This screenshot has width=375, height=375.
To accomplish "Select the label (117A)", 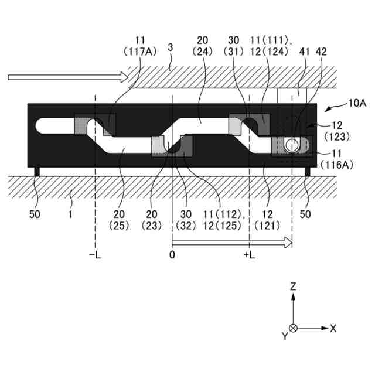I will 140,51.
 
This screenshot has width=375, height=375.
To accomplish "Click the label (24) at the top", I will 203,51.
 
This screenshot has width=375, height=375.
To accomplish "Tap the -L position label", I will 94,256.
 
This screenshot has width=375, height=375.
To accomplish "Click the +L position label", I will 249,256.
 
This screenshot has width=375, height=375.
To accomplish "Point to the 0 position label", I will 172,256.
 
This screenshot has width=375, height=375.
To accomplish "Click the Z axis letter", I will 294,287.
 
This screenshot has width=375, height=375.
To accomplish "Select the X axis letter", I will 333,328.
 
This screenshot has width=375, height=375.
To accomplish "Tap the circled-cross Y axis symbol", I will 294,328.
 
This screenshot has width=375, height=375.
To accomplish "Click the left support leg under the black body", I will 37,171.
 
